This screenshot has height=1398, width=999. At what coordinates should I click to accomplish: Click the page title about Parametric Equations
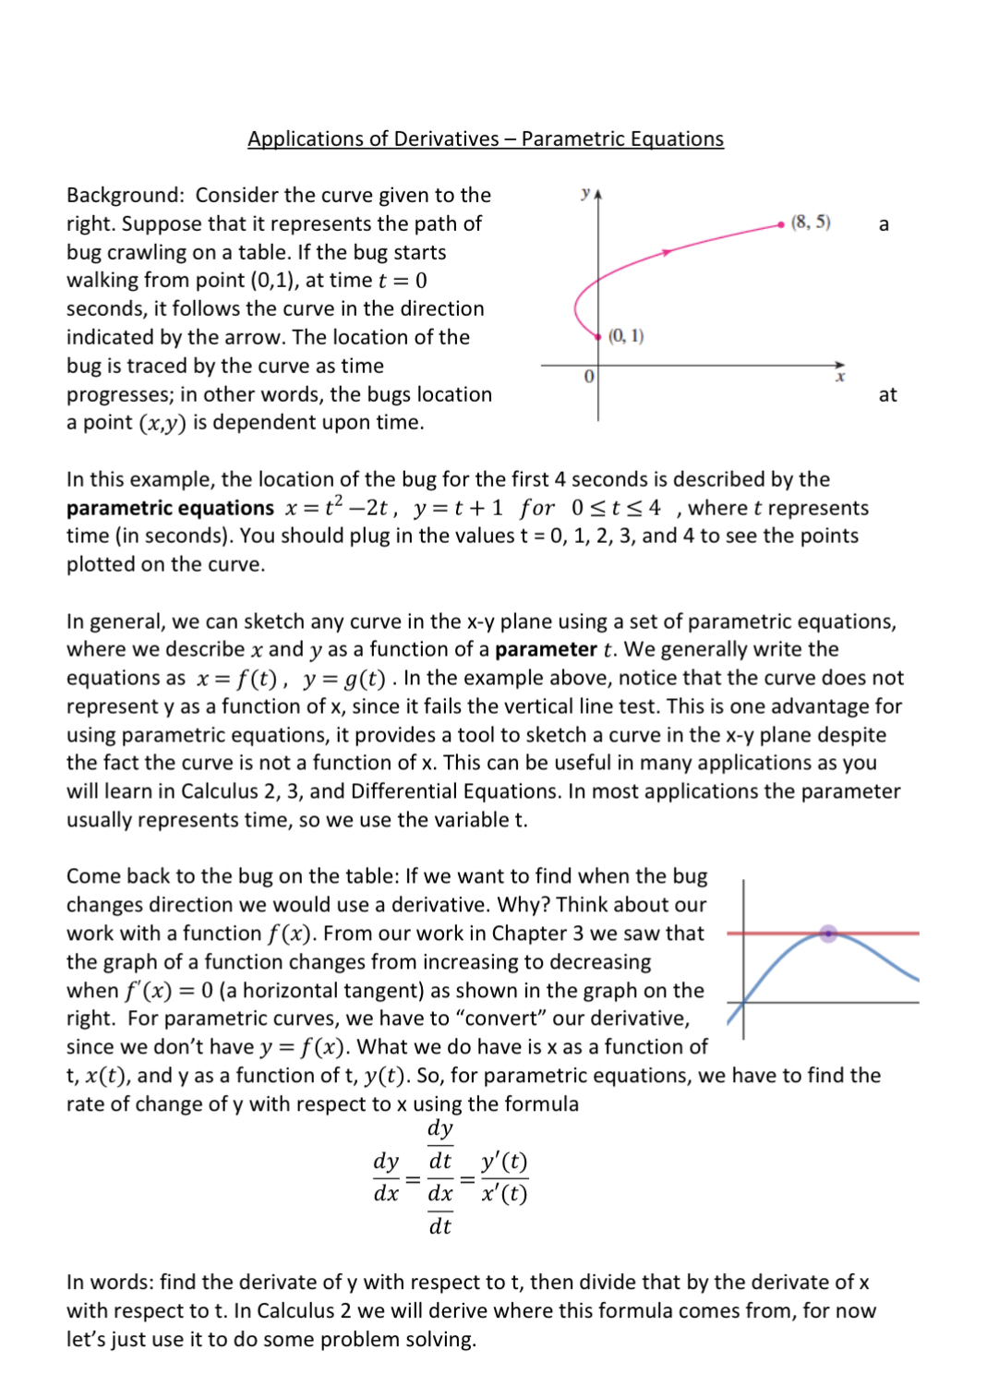click(x=485, y=139)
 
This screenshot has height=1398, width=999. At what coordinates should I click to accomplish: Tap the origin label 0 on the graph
click(x=588, y=377)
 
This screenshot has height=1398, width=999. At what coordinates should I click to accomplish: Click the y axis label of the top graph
click(x=584, y=193)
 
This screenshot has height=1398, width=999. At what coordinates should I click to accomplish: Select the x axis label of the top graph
click(x=840, y=378)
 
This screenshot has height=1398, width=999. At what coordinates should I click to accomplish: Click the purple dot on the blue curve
click(x=828, y=934)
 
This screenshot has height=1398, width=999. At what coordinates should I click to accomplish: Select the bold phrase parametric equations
click(x=170, y=508)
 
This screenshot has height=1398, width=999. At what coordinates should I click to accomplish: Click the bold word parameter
click(x=546, y=649)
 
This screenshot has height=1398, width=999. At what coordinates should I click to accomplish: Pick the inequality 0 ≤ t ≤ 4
click(x=616, y=508)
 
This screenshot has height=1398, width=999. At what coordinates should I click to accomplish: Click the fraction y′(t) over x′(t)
click(x=504, y=1177)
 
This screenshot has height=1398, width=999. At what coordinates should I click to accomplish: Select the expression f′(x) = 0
click(x=169, y=991)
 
